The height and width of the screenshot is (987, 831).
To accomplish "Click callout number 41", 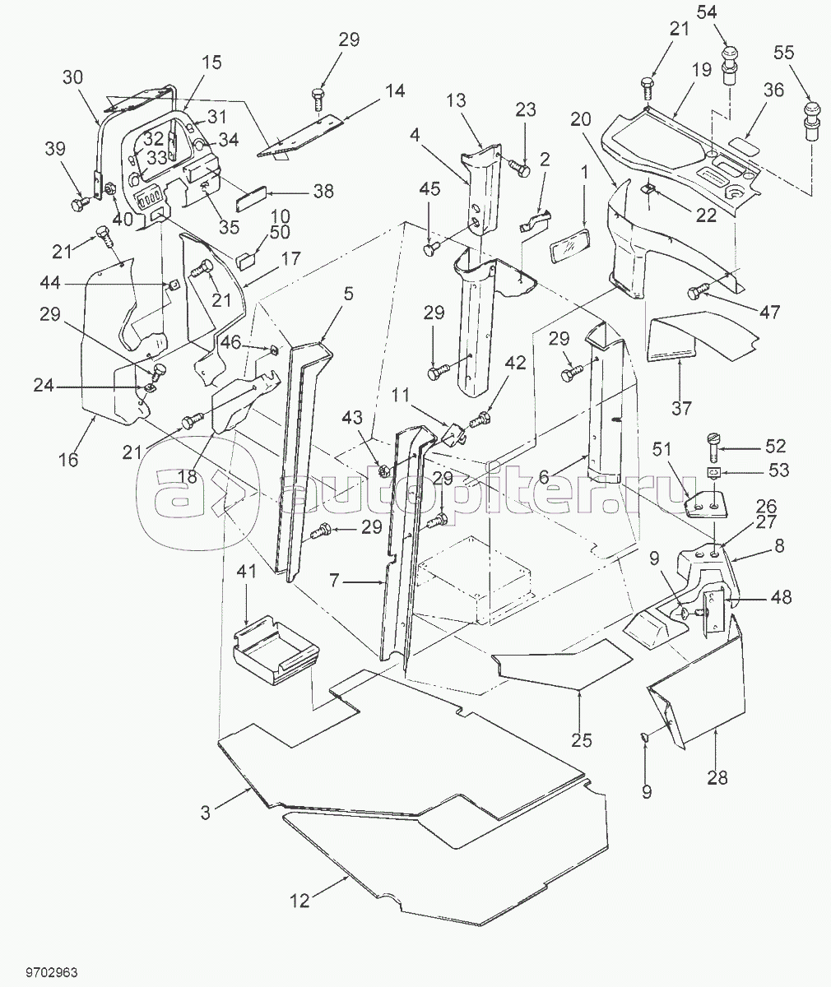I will [x=247, y=570].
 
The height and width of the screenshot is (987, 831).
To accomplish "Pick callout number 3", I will [x=207, y=813].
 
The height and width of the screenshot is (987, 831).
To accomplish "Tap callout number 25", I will [x=582, y=740].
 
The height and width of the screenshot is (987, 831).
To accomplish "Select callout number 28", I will [x=717, y=777].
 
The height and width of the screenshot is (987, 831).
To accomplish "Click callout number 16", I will [x=68, y=460].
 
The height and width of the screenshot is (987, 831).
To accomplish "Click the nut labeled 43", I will [x=383, y=471].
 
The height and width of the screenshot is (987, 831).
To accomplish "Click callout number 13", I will [x=479, y=101].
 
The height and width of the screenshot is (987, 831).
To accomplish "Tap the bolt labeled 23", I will [x=519, y=168].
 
